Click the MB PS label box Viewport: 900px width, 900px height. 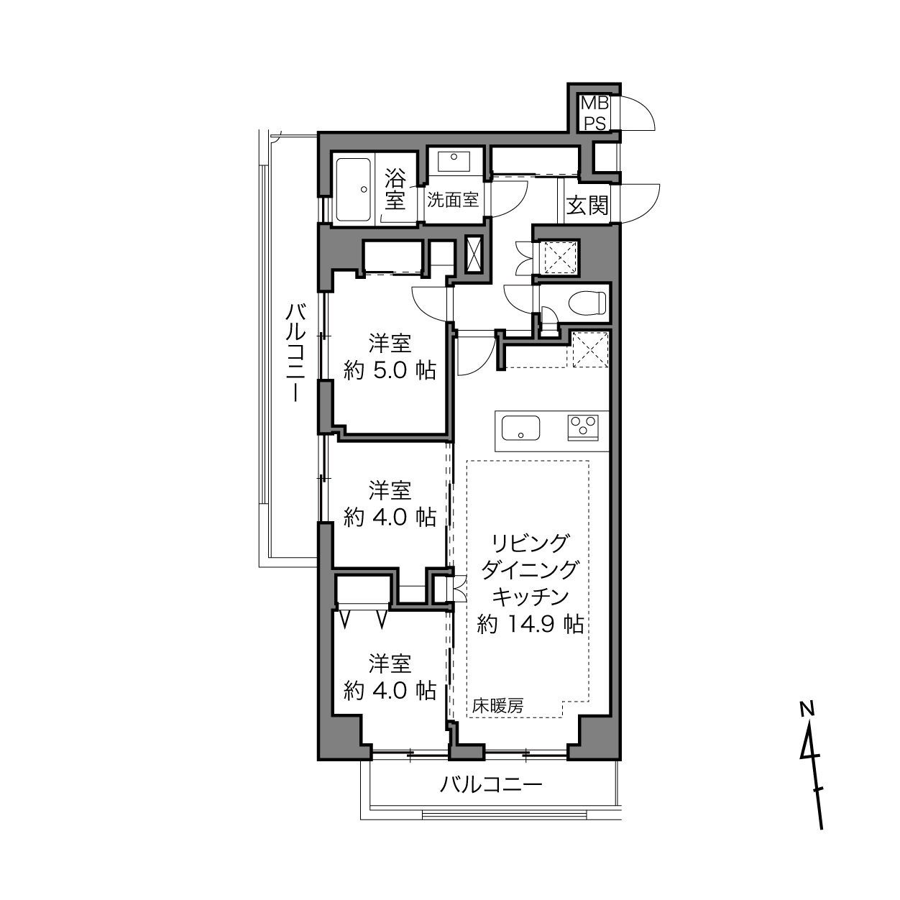tap(594, 114)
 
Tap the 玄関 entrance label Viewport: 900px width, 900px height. tap(587, 205)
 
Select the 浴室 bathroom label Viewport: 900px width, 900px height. tap(395, 189)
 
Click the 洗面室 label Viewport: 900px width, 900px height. tap(453, 201)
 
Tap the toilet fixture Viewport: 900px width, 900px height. tap(587, 302)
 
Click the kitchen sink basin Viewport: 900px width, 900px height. tap(520, 428)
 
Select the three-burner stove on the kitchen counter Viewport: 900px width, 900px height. tap(583, 427)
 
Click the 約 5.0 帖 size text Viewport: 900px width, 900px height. tap(390, 371)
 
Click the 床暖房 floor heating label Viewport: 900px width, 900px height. tap(497, 705)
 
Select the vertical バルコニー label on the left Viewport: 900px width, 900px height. tap(295, 353)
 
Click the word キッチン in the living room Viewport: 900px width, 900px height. tap(531, 597)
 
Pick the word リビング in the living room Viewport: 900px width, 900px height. tap(531, 543)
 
